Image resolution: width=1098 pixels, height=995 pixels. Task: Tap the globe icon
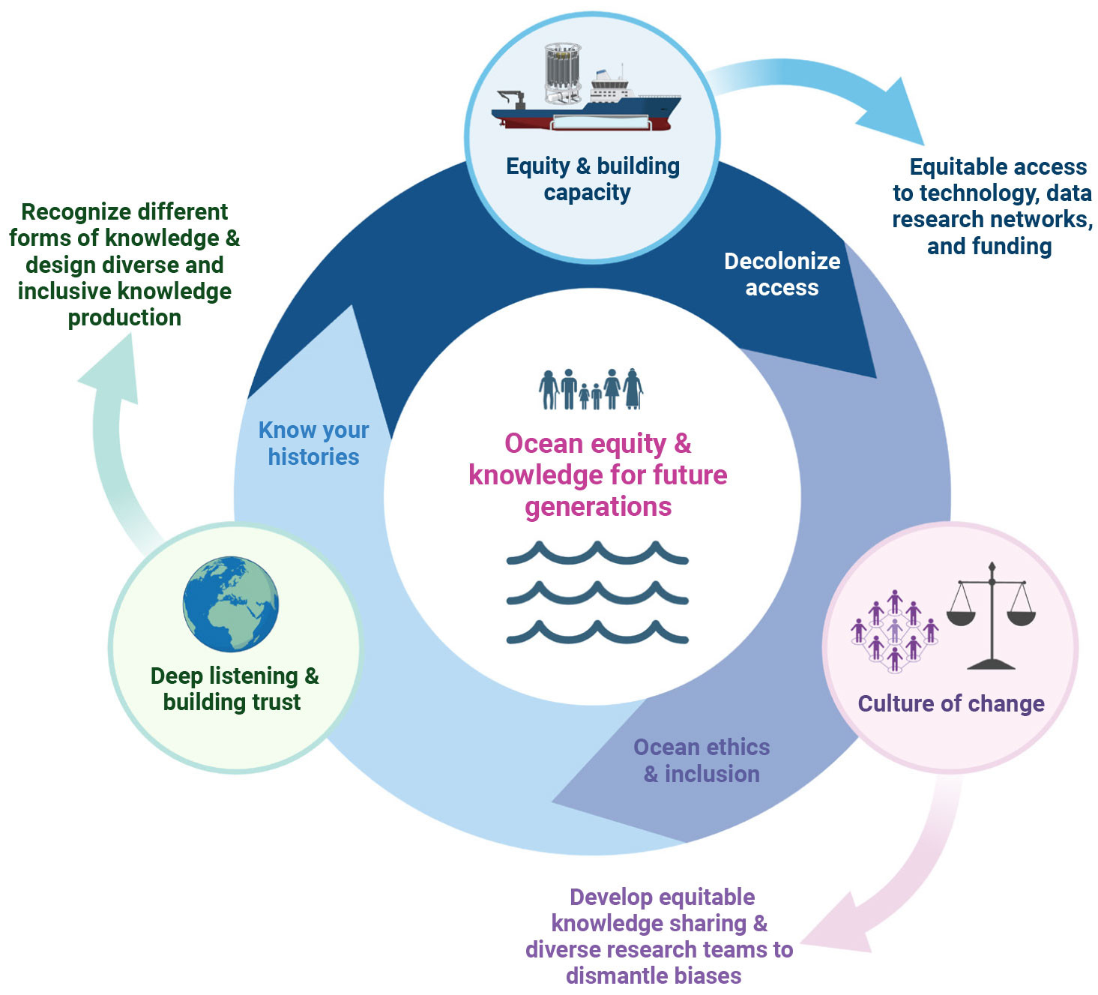231,604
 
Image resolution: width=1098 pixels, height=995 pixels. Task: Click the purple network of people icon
894,631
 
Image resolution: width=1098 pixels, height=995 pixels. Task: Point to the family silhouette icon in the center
591,389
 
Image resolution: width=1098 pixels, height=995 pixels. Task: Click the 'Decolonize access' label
782,274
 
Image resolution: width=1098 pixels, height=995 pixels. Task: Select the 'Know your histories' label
313,443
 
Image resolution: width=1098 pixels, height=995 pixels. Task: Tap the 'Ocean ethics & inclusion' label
702,760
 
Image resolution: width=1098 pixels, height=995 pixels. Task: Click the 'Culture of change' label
951,703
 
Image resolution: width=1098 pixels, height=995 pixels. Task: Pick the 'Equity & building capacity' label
592,179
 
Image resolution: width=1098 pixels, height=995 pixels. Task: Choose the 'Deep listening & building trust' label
234,688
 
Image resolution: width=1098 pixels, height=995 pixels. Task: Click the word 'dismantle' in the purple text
614,976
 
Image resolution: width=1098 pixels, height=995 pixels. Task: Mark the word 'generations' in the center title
598,507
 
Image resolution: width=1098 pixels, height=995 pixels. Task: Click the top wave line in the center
597,554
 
